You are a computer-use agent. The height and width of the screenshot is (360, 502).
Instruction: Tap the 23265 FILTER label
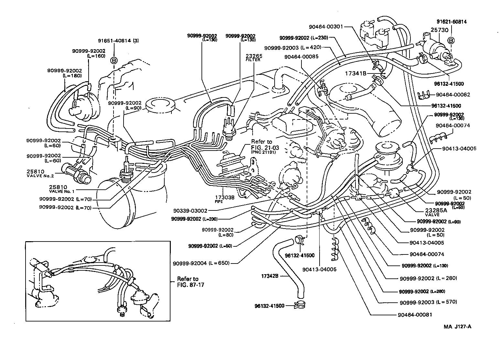click(254, 58)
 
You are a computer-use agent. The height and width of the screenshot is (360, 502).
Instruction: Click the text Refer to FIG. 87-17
click(188, 282)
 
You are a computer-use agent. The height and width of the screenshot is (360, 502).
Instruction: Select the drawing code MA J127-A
click(457, 326)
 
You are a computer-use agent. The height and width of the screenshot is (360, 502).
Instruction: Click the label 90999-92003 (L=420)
click(293, 47)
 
